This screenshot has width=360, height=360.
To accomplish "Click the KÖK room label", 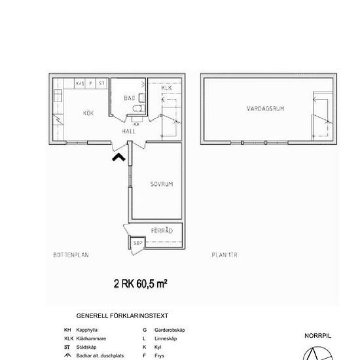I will pyautogui.click(x=88, y=113).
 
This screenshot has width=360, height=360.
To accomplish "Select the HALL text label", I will pyautogui.click(x=128, y=131).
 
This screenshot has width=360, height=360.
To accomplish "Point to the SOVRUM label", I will pyautogui.click(x=161, y=185).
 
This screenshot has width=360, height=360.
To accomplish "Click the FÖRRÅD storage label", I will pyautogui.click(x=161, y=230).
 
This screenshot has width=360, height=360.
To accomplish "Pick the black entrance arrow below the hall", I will pyautogui.click(x=118, y=156).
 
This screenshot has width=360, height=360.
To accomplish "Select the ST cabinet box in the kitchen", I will pyautogui.click(x=101, y=84).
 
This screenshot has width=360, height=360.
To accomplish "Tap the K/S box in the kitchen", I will pyautogui.click(x=80, y=84).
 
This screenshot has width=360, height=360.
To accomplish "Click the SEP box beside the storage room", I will pyautogui.click(x=137, y=243).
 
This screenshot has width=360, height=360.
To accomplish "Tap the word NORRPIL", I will pyautogui.click(x=318, y=335).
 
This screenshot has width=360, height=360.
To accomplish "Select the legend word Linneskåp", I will pyautogui.click(x=164, y=338).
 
